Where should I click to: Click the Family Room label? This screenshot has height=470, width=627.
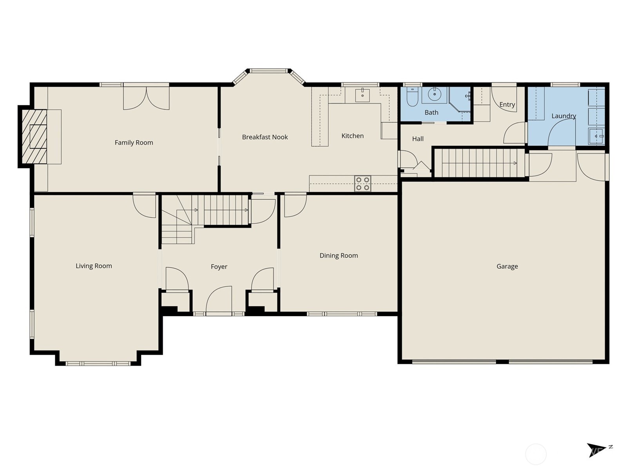point(134,143)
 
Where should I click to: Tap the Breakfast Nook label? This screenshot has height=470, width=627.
point(265,137)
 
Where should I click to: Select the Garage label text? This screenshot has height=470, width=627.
point(507,266)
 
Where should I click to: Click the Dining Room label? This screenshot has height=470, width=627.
point(339,256)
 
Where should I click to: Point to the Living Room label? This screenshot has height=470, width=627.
point(94,266)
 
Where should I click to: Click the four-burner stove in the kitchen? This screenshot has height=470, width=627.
point(362,184)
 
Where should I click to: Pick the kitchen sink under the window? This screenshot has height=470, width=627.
point(362,95)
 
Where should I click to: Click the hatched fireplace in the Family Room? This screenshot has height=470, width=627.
point(34,136)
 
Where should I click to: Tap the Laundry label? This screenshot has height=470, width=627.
point(564,116)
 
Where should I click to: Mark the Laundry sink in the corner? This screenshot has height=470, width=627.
point(596,136)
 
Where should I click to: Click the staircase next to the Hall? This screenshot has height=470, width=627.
point(479,163)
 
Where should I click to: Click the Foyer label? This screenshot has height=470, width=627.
point(219,267)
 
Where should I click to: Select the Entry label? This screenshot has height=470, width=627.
point(507,105)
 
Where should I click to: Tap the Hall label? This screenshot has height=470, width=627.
point(418,139)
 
